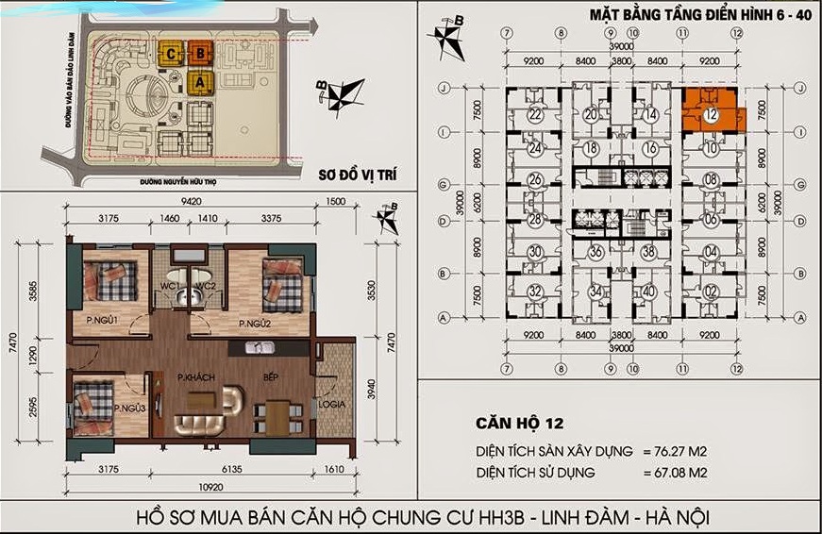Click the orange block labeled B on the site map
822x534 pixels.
(199, 54)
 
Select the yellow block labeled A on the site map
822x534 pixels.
(199, 82)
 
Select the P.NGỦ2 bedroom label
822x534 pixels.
(256, 325)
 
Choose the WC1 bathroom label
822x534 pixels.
(170, 286)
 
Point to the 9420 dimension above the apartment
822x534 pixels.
(193, 201)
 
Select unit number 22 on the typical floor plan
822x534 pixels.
(534, 114)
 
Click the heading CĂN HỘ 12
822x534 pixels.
(522, 423)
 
